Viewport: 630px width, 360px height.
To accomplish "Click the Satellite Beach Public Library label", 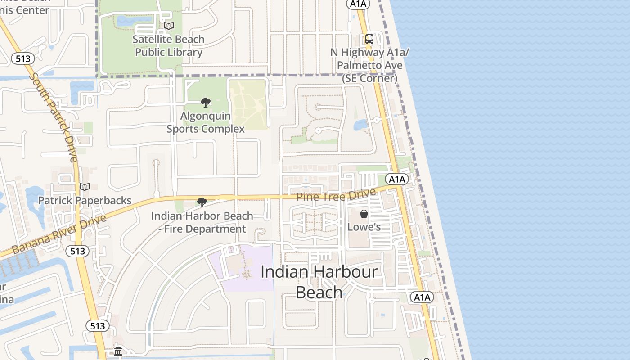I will [169, 46].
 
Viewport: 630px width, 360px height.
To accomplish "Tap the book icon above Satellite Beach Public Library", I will [169, 26].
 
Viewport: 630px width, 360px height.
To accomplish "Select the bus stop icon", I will [369, 39].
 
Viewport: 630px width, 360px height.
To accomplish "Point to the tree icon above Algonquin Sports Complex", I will [206, 103].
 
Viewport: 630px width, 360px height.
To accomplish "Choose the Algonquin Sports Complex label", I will [206, 122].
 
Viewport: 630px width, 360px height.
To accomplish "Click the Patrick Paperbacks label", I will [85, 200].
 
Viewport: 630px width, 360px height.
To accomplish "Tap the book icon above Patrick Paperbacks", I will [85, 187].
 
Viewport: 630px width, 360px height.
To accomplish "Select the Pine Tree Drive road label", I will [336, 196].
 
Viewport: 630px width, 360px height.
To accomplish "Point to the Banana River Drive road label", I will [59, 234].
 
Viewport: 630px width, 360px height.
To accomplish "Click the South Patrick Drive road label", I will [54, 117].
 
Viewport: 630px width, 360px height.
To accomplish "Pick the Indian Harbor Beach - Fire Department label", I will [202, 222].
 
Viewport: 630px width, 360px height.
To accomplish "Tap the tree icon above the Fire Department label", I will [202, 202].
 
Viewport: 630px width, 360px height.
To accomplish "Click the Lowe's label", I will [364, 227].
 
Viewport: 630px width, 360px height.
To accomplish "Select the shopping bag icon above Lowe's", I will [364, 214].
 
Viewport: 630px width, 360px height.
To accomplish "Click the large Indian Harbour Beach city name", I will [319, 282].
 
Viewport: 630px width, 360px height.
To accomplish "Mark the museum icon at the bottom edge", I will [118, 351].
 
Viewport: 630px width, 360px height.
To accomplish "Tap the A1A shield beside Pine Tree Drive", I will [397, 180].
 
